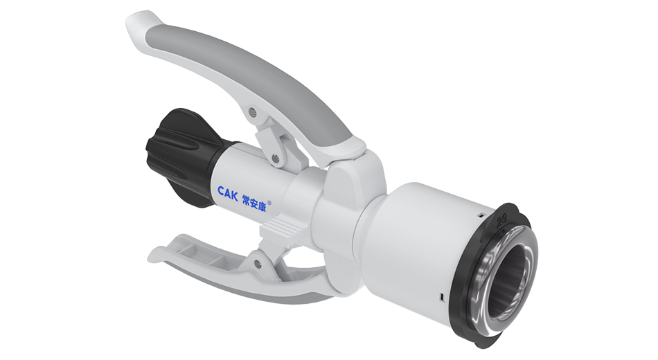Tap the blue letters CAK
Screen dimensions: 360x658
coord(228,192)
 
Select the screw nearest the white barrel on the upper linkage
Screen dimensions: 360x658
coord(276,159)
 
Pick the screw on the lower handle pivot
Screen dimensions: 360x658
coord(258,262)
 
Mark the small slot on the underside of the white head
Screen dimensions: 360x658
coord(441,297)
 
